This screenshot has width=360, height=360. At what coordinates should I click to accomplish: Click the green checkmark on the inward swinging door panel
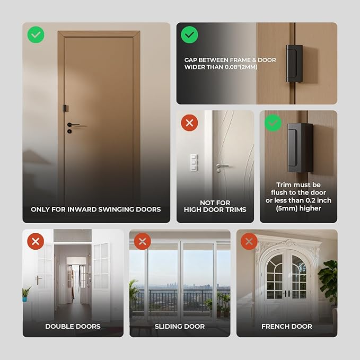36,35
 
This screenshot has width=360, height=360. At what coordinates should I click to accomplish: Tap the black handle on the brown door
72,125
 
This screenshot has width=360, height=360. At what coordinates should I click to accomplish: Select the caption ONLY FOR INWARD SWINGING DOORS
96,209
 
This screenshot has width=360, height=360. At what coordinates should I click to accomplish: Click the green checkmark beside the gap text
189,35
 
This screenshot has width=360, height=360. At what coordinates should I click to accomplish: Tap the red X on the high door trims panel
189,123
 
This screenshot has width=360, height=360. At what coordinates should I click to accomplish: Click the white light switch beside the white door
194,162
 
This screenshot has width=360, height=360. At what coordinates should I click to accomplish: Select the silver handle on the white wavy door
222,166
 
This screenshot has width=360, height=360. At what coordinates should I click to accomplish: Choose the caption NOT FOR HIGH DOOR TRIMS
215,206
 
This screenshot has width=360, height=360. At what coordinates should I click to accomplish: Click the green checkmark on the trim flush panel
273,123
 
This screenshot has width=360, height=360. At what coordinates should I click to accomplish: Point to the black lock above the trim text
300,147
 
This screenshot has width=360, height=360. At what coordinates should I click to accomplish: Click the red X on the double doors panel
36,242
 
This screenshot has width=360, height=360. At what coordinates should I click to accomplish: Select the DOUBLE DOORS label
73,326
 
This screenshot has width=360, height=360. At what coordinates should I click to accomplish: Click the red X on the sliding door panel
142,242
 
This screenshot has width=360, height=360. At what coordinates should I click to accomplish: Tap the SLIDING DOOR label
180,326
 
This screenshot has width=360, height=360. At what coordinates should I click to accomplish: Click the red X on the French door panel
249,242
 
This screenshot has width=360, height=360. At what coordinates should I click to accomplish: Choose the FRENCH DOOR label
287,326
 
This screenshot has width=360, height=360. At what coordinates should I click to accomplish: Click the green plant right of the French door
329,278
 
